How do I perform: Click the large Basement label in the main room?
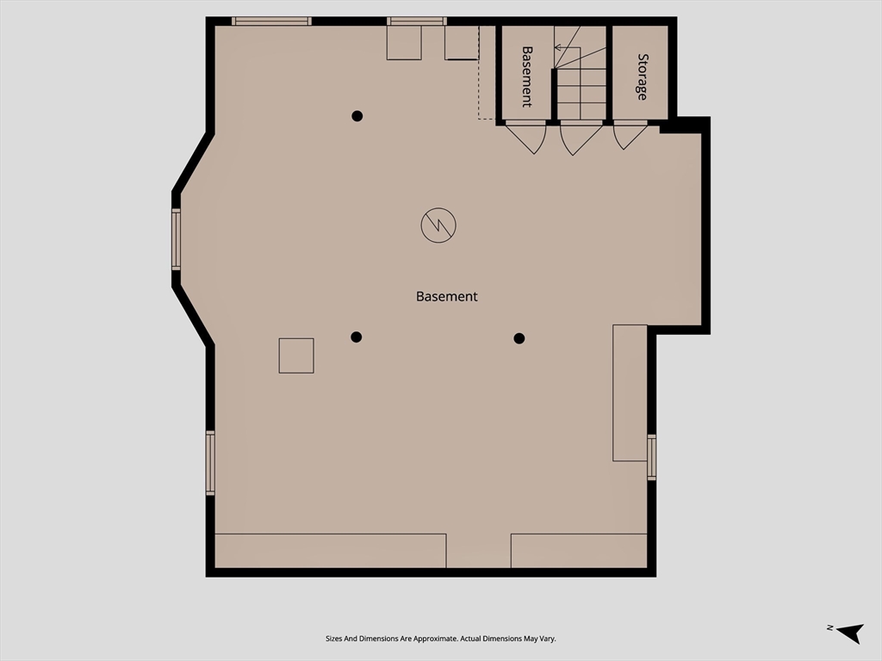click(x=447, y=296)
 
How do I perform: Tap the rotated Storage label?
click(x=642, y=77)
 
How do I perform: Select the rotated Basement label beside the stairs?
click(x=526, y=77)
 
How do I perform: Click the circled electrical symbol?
click(x=438, y=225)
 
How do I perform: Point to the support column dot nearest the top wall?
click(x=357, y=116)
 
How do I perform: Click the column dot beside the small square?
click(x=356, y=337)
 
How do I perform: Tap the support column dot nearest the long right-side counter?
click(x=519, y=338)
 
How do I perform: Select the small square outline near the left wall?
click(x=296, y=355)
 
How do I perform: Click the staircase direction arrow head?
click(x=557, y=48)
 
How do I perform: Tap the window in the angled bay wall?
click(x=176, y=239)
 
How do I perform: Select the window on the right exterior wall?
click(x=651, y=457)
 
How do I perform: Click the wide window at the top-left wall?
click(x=271, y=22)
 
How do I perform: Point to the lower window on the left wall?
click(x=210, y=463)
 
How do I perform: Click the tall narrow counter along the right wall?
click(x=630, y=392)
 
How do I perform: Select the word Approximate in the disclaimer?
click(x=437, y=639)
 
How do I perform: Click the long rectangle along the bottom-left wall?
click(x=331, y=551)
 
